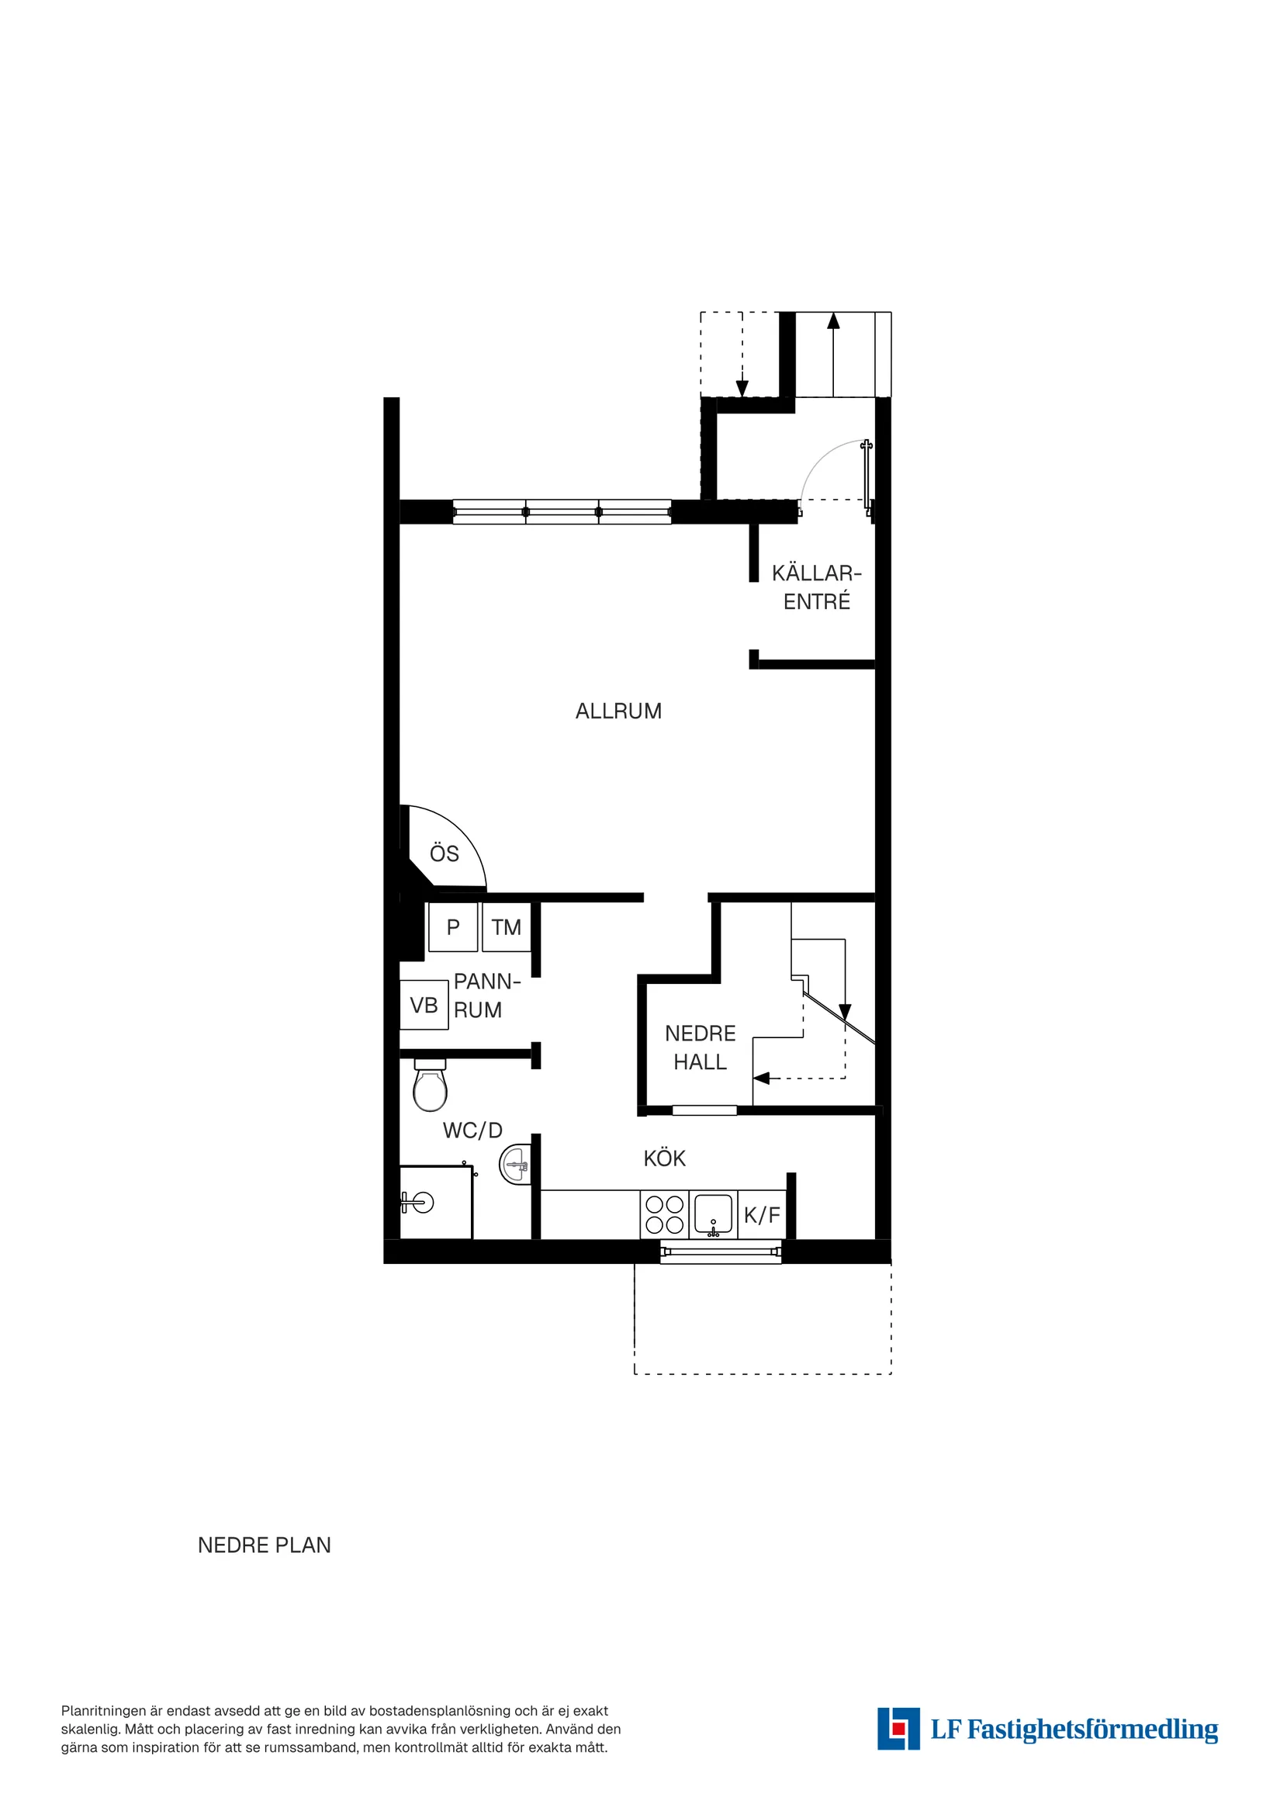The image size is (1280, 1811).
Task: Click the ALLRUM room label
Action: click(x=618, y=711)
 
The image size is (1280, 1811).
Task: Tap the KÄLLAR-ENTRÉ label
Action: click(x=816, y=587)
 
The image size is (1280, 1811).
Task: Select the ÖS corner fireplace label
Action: click(x=444, y=854)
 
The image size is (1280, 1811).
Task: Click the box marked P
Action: click(x=453, y=926)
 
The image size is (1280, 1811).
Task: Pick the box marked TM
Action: click(x=506, y=926)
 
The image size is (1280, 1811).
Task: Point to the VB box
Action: click(x=424, y=1005)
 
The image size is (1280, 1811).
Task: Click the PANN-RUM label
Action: click(x=486, y=996)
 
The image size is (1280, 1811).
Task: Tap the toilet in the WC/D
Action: click(x=430, y=1086)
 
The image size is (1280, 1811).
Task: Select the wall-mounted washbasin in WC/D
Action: click(x=514, y=1164)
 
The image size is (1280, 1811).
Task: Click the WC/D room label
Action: click(x=472, y=1131)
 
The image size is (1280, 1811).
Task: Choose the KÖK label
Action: click(x=664, y=1158)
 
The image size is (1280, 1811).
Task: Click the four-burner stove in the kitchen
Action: click(x=664, y=1214)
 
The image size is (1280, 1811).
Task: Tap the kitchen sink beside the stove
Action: click(x=713, y=1214)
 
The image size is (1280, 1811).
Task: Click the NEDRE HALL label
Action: click(x=700, y=1047)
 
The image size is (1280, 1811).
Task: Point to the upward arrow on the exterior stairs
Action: click(x=833, y=321)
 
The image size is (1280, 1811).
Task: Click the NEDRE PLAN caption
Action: click(x=265, y=1546)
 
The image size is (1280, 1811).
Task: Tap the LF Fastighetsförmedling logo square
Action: click(x=898, y=1729)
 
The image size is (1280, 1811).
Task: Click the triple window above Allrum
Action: click(x=562, y=511)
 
